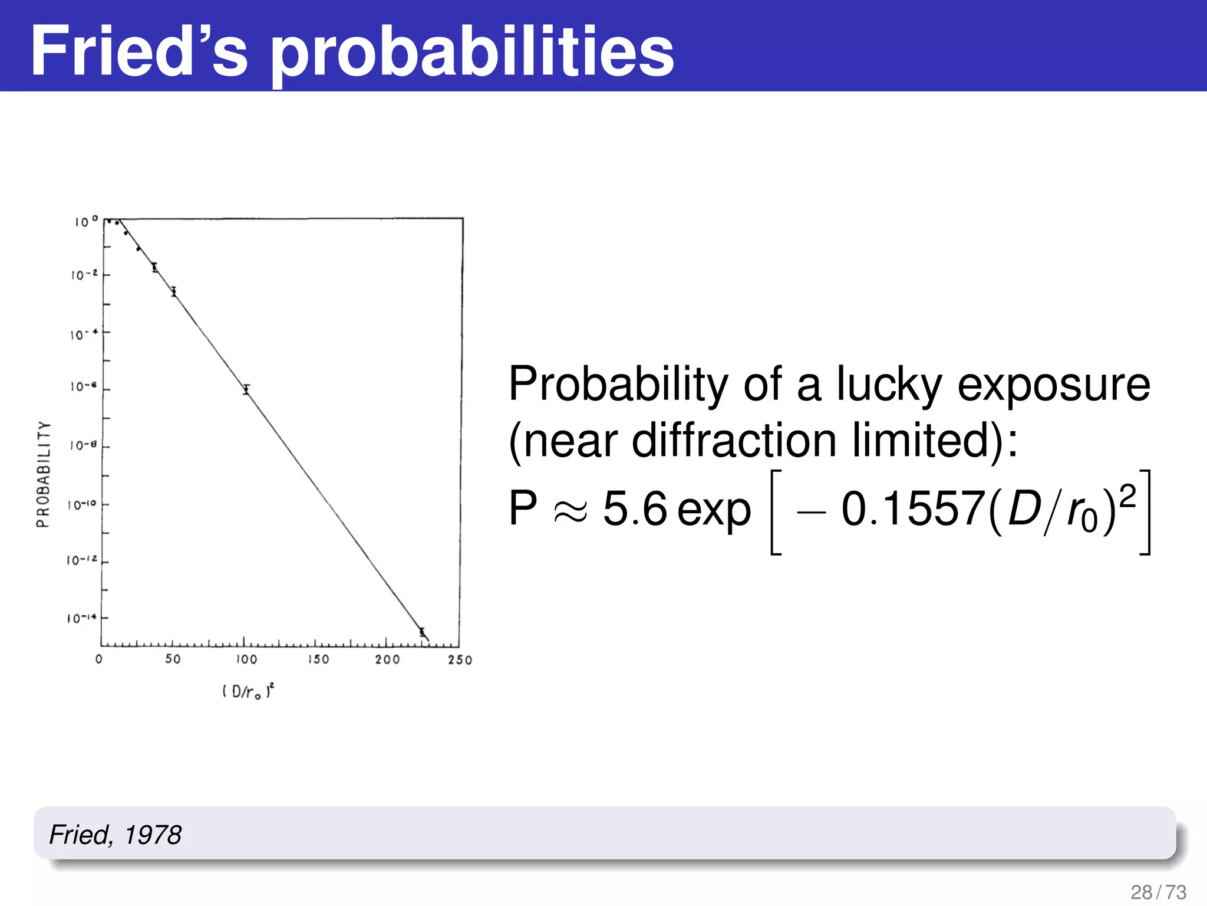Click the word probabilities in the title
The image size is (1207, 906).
[471, 53]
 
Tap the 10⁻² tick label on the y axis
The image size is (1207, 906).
[84, 275]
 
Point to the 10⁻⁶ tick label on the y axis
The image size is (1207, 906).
[84, 387]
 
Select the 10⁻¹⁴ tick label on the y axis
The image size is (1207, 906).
[82, 618]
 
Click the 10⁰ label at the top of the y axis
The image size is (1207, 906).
[86, 222]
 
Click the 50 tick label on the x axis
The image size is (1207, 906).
[173, 659]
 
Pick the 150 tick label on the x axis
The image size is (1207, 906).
[318, 659]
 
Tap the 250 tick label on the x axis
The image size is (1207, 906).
[460, 660]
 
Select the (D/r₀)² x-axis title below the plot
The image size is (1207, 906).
[249, 691]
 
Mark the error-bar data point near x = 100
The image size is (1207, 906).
[246, 389]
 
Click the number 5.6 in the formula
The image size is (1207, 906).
[635, 508]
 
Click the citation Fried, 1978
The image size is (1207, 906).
[116, 835]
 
